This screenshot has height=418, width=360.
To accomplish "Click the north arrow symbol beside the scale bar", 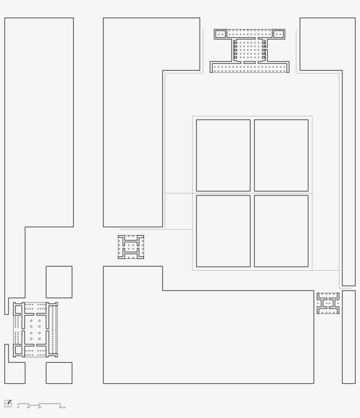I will pyautogui.click(x=8, y=403).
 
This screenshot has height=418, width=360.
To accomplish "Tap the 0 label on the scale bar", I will pyautogui.click(x=18, y=407).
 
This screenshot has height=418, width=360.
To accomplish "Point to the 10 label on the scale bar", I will pyautogui.click(x=28, y=407).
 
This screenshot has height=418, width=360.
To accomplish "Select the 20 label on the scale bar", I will pyautogui.click(x=40, y=407).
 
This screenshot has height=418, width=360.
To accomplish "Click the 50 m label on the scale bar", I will pyautogui.click(x=62, y=407).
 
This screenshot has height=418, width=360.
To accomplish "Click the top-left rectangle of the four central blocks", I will pyautogui.click(x=223, y=155).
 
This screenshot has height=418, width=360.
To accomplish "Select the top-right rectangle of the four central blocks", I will pyautogui.click(x=281, y=155).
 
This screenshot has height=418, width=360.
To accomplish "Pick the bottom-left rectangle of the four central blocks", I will pyautogui.click(x=223, y=231).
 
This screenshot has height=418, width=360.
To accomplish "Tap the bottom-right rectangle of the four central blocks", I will pyautogui.click(x=281, y=231).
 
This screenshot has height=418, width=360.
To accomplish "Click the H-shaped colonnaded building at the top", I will pyautogui.click(x=249, y=51).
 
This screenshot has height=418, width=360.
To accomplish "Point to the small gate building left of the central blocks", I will pyautogui.click(x=131, y=247).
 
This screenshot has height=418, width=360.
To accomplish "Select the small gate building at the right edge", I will pyautogui.click(x=328, y=303).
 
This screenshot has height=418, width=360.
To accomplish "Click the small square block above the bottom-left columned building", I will pyautogui.click(x=59, y=282).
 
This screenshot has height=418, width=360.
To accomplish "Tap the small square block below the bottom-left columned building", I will pyautogui.click(x=59, y=373).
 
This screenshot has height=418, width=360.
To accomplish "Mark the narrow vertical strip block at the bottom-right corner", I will pyautogui.click(x=349, y=337).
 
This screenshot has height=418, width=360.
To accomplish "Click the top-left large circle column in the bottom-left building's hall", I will pyautogui.click(x=31, y=320).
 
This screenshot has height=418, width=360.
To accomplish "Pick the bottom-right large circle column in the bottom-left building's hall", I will pyautogui.click(x=40, y=339).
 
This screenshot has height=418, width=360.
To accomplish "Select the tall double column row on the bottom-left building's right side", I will pyautogui.click(x=54, y=329).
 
